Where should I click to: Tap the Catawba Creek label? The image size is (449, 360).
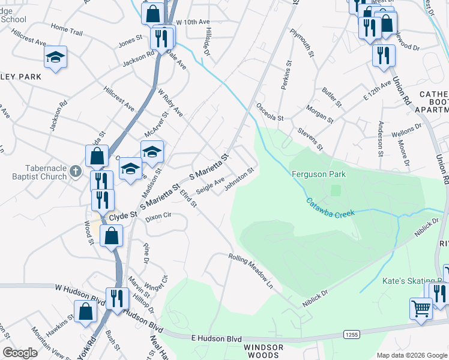tap(330, 208)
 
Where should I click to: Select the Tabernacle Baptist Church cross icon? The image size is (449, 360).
tap(75, 171)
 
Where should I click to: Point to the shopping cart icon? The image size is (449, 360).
tap(421, 309)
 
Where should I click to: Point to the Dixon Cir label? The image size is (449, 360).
tap(158, 218)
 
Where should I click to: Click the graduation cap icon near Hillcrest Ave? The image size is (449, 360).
tap(56, 57)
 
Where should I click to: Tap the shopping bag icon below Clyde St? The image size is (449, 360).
tap(112, 235)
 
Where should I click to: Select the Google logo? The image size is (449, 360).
tap(20, 353)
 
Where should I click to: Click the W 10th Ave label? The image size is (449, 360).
tap(193, 22)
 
